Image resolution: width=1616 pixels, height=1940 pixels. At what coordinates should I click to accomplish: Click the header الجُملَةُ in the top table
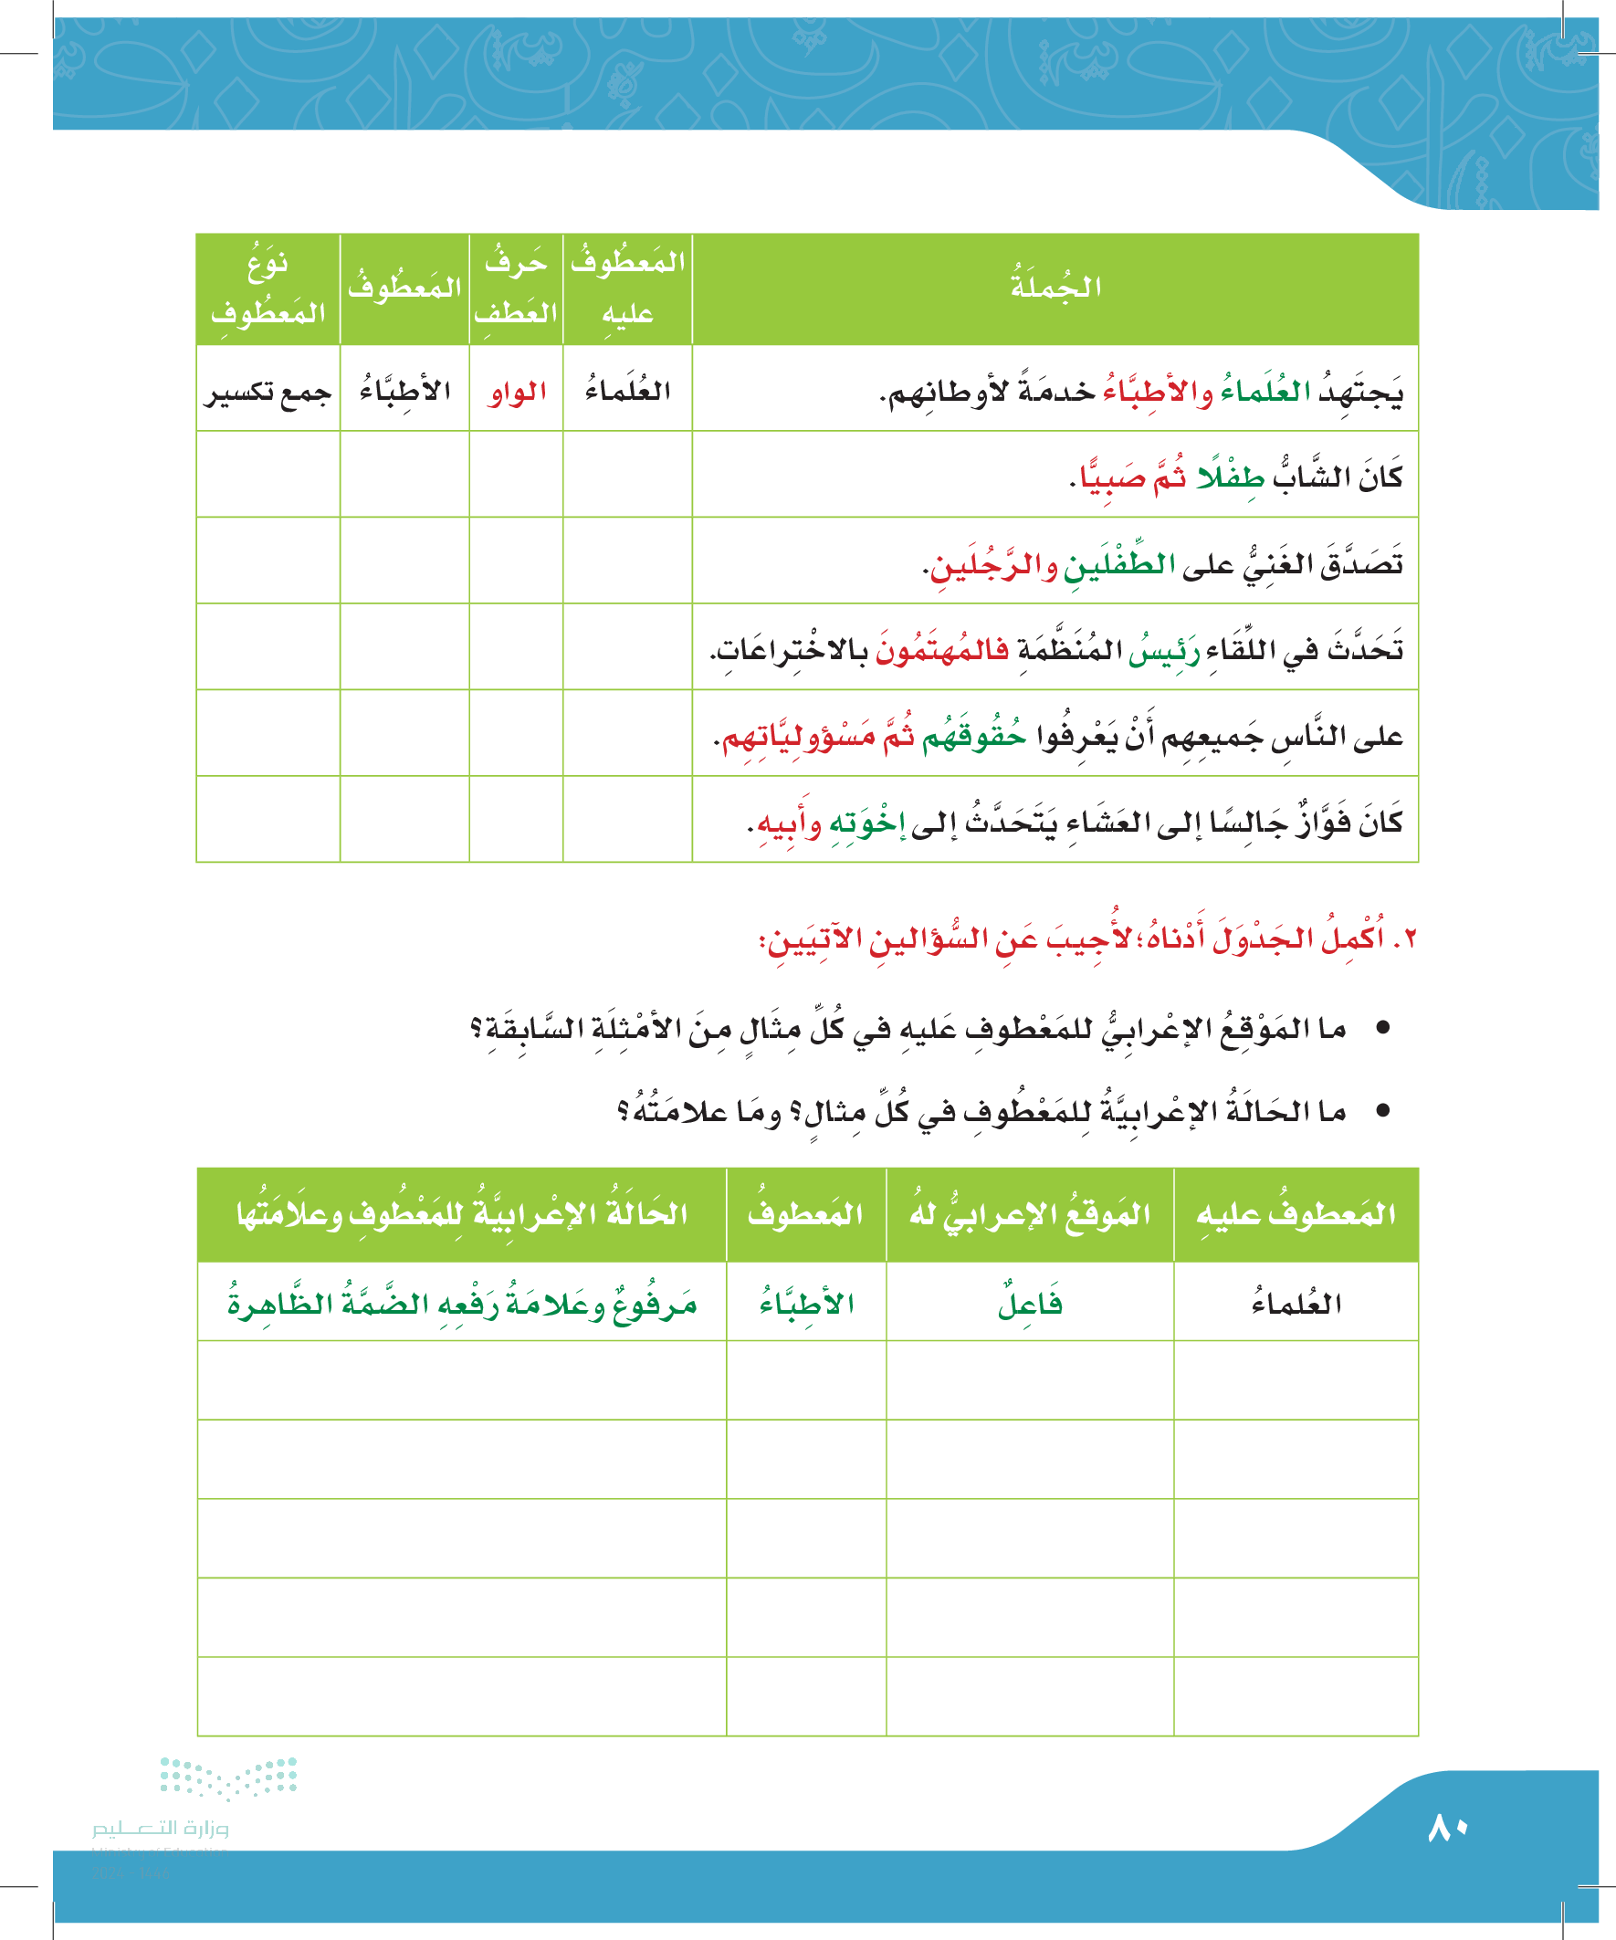[x=1055, y=288]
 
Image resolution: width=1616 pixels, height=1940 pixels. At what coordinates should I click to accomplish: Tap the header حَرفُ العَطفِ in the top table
[x=516, y=288]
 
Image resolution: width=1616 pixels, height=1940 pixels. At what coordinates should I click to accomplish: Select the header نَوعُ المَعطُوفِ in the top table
[x=268, y=288]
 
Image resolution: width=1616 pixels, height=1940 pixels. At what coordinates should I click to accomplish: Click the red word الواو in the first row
[x=518, y=392]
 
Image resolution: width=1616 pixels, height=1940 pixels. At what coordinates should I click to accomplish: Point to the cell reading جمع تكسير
[x=268, y=392]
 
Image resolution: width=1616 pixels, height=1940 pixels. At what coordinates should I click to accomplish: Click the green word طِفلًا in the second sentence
[x=1230, y=477]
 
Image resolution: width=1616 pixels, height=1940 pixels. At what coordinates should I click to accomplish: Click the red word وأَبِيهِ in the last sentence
[x=788, y=823]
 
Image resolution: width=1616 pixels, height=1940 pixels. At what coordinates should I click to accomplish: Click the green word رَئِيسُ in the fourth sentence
[x=1163, y=650]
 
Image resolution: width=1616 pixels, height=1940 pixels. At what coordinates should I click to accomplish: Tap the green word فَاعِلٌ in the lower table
[x=1029, y=1304]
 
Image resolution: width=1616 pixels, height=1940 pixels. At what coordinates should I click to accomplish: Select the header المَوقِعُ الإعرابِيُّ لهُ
[x=1029, y=1214]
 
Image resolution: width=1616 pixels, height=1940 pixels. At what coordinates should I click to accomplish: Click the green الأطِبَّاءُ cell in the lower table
[x=805, y=1304]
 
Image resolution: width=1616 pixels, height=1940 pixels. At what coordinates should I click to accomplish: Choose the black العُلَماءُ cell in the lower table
[x=1296, y=1304]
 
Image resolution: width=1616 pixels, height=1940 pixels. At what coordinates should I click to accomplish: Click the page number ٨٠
[x=1447, y=1829]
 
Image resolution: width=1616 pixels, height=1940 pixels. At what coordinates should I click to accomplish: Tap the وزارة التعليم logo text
[x=160, y=1829]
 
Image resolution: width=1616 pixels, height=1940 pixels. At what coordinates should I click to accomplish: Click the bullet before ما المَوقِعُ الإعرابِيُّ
[x=1383, y=1028]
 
